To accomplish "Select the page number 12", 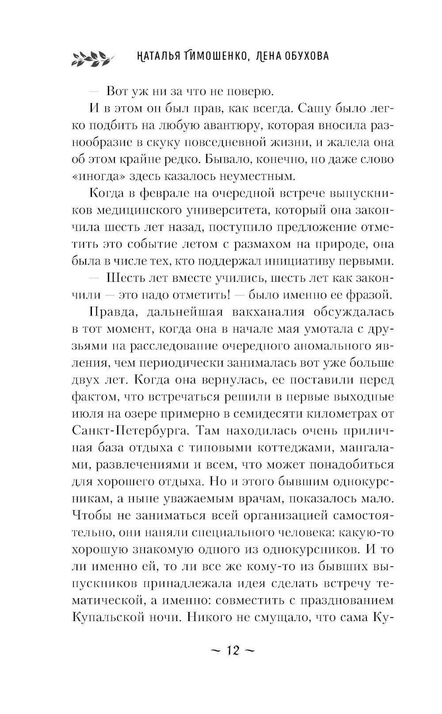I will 232,651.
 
